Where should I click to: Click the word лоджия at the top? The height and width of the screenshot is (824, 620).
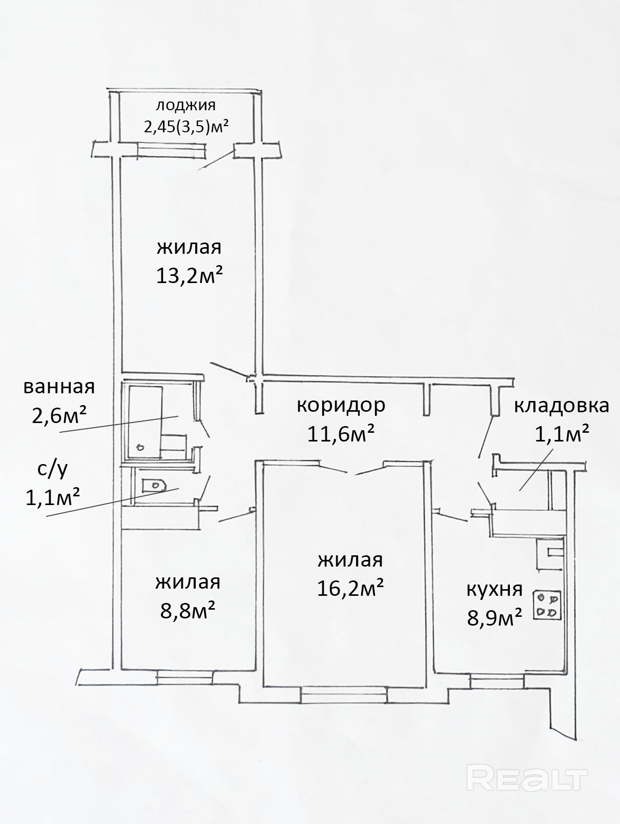click(185, 106)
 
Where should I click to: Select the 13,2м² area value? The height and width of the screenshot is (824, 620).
click(190, 277)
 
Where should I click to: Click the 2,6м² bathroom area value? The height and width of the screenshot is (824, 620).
click(59, 415)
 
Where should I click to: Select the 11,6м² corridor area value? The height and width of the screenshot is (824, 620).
click(341, 434)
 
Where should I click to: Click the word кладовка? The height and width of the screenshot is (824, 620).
click(561, 406)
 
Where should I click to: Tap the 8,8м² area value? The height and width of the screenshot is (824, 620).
click(188, 611)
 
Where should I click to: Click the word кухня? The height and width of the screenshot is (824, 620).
click(494, 589)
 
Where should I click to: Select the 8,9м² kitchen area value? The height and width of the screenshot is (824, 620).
click(494, 617)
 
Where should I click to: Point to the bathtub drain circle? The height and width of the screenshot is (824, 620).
click(140, 447)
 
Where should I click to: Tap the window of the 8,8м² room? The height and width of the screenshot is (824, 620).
click(184, 677)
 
